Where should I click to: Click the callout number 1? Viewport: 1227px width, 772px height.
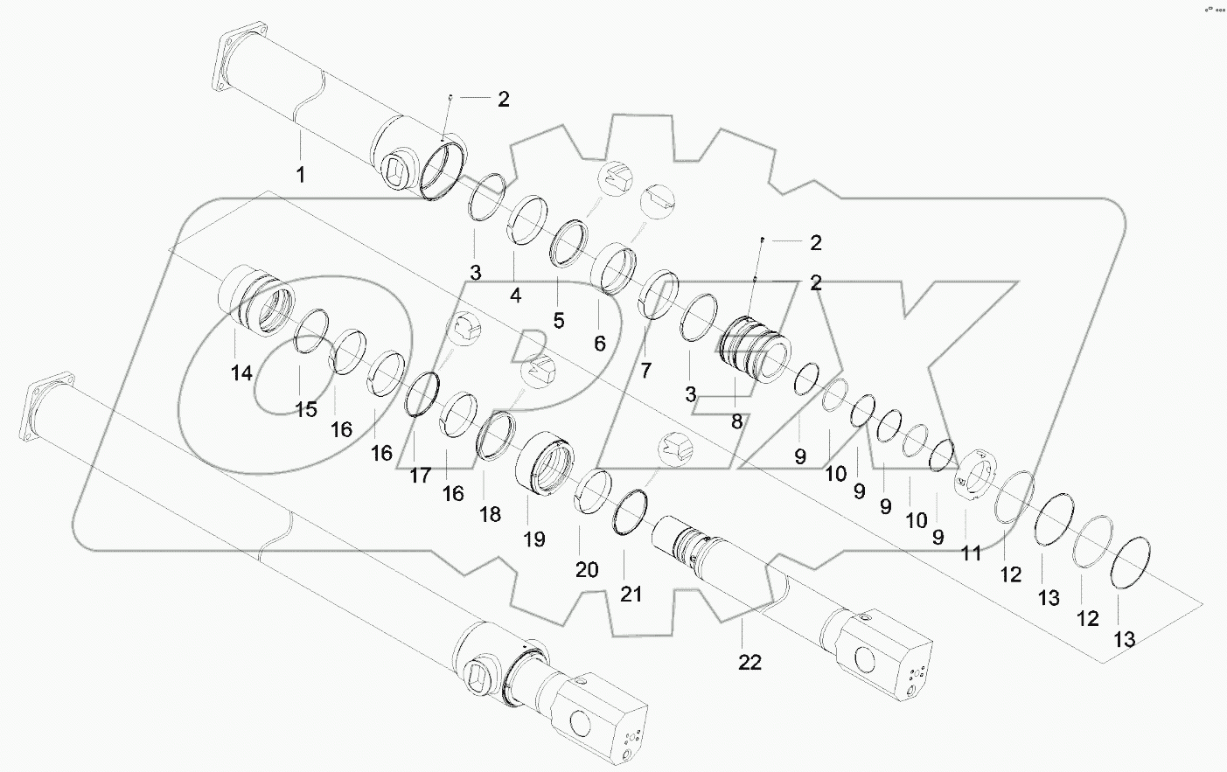(300, 175)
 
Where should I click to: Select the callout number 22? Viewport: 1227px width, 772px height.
(749, 663)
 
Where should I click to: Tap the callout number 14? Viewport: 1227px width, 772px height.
(241, 373)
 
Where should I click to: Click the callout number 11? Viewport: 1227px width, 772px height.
(971, 553)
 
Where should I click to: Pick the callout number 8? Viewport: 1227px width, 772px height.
(736, 421)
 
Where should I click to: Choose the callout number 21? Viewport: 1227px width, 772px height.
(631, 595)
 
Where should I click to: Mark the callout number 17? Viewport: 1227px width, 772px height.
(421, 476)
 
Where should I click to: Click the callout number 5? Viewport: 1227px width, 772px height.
(558, 320)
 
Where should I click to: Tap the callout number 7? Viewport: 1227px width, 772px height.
(645, 370)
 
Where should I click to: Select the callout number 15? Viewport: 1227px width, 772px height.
(306, 409)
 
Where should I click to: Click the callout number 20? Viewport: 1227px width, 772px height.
(586, 570)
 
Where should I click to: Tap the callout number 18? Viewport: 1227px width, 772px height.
(490, 514)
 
